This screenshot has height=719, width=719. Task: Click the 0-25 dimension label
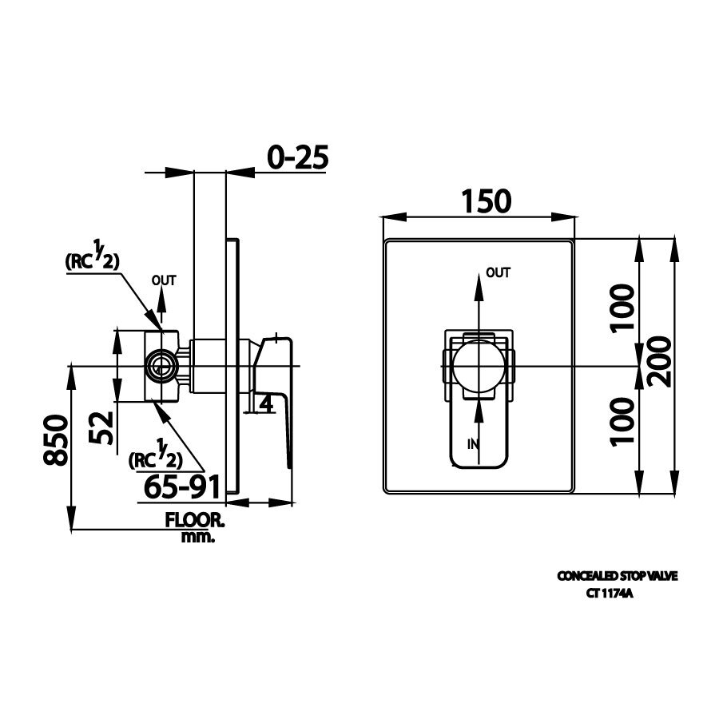click(x=297, y=157)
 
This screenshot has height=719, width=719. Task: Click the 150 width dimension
click(x=485, y=201)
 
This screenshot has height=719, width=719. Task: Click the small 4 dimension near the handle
click(x=267, y=403)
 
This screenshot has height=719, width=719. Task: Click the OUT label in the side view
click(x=164, y=280)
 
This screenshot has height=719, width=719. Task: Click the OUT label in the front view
click(x=499, y=273)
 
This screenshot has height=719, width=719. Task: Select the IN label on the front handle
click(x=471, y=443)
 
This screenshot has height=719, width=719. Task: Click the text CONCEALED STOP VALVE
click(x=617, y=575)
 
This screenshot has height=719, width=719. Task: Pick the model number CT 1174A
click(x=610, y=593)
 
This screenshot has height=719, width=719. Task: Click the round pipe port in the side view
click(x=161, y=367)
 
